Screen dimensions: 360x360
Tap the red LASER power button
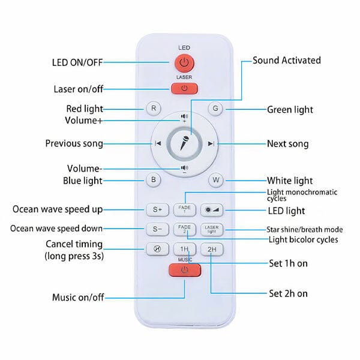(184, 88)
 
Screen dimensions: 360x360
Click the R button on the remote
(154, 109)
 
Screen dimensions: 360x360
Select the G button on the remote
(215, 109)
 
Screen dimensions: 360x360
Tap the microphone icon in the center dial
(184, 143)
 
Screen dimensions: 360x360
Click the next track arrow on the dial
(211, 144)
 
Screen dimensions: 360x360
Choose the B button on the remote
(154, 180)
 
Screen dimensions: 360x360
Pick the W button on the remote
(216, 180)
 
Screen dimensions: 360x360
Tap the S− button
(157, 229)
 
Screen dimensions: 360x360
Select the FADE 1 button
(185, 209)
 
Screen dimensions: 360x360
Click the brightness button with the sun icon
(212, 209)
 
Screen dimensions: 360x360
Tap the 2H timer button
(212, 250)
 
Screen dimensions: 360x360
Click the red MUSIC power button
(185, 270)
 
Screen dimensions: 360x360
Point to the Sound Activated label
(287, 61)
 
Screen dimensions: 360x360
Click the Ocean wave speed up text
(58, 209)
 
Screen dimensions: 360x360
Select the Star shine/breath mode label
(305, 229)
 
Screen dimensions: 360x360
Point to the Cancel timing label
(74, 244)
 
